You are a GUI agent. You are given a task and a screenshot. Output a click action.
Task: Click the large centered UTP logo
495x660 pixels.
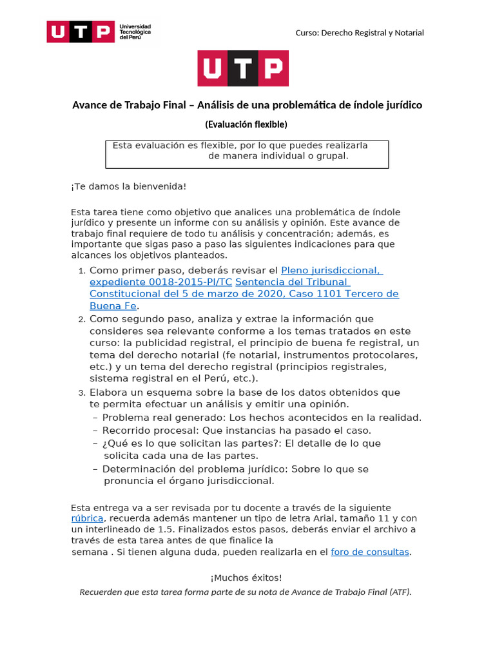click(243, 68)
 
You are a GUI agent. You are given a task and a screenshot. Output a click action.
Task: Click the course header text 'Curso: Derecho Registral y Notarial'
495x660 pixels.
click(359, 33)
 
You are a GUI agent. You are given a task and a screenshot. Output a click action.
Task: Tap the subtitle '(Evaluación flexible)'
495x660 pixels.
click(246, 124)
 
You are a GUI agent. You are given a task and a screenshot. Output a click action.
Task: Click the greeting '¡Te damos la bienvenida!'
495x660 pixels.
click(129, 186)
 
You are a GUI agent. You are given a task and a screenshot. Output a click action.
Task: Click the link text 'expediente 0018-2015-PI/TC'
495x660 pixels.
click(161, 282)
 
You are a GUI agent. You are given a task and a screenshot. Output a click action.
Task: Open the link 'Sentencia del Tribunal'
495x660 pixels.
click(292, 282)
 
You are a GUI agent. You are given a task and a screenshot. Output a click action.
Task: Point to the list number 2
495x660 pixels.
click(82, 320)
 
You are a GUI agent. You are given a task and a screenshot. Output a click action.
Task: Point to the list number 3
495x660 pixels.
click(82, 393)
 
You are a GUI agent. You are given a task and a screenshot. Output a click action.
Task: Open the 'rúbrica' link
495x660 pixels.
click(87, 518)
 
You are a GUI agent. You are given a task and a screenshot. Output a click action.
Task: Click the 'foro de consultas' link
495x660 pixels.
click(370, 552)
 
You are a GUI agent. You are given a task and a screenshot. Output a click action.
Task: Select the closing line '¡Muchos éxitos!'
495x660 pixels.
click(246, 577)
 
